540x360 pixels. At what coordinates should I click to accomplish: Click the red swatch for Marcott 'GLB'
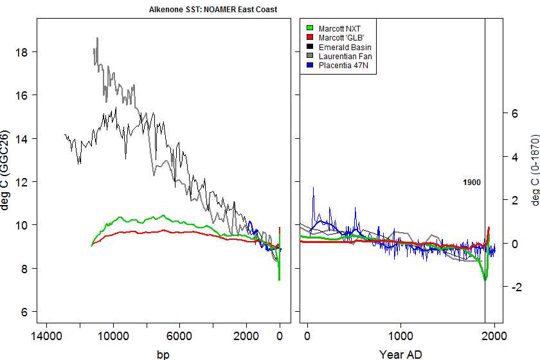pyautogui.click(x=309, y=38)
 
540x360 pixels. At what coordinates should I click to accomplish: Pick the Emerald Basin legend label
pyautogui.click(x=345, y=48)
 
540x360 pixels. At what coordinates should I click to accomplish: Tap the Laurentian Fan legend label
pyautogui.click(x=345, y=57)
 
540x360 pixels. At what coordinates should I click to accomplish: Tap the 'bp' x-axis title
pyautogui.click(x=163, y=354)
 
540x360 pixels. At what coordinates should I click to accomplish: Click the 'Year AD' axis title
pyautogui.click(x=401, y=354)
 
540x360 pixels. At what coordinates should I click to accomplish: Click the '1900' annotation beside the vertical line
pyautogui.click(x=472, y=183)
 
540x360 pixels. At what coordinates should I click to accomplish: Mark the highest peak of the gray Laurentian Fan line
pyautogui.click(x=97, y=38)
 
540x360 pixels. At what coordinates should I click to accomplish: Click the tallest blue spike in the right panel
pyautogui.click(x=313, y=188)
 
